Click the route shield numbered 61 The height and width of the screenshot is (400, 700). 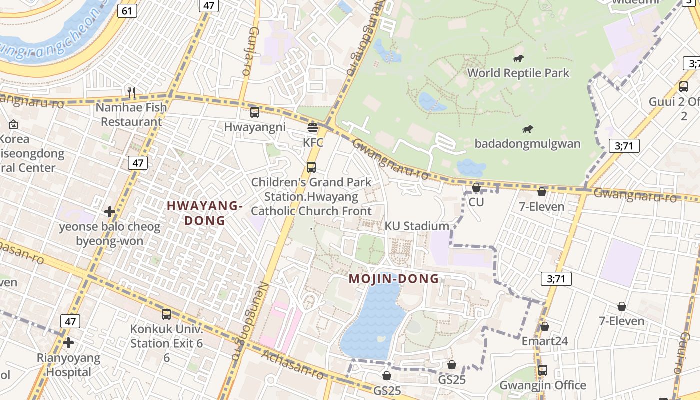pos(128,11)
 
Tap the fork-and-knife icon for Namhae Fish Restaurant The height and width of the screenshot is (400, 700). pos(131,92)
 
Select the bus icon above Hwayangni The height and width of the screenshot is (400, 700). pos(255,112)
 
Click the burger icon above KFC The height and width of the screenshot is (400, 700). pos(313,127)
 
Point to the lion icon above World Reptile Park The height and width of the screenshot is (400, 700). pos(518,59)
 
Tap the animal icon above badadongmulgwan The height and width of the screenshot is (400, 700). pos(527,129)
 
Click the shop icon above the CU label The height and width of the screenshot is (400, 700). pos(476,187)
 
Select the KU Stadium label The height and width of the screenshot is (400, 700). pos(417,226)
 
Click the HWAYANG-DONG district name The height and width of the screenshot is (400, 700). pos(204,213)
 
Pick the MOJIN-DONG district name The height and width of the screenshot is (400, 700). pos(394,279)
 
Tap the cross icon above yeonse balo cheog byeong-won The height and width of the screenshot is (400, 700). pos(110,212)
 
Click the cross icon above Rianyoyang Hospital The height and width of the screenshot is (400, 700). pos(68,343)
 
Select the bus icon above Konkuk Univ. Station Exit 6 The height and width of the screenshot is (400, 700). pos(166,314)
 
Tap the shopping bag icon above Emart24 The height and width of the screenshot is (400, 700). pos(545,326)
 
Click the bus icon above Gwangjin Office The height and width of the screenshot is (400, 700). pos(543,370)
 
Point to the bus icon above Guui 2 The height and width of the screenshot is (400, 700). pos(684,86)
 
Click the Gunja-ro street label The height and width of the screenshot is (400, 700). pos(247,52)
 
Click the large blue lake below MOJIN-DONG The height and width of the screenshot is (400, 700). pos(373,320)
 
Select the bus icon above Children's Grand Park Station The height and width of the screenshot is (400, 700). pos(311,167)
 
